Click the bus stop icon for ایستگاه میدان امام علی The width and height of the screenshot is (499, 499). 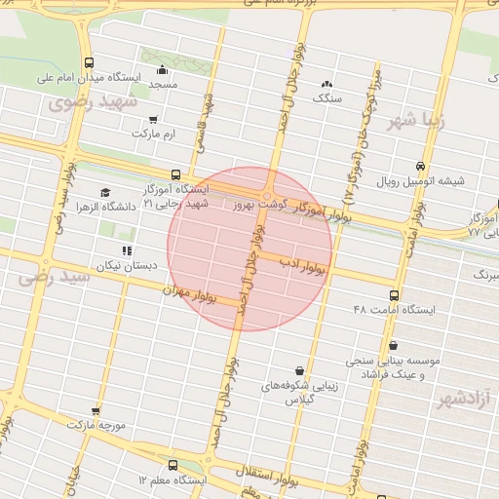(x=90, y=61)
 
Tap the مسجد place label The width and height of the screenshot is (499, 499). (x=163, y=86)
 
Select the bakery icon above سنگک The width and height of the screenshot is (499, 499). (x=326, y=85)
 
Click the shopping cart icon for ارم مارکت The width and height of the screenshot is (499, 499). (x=153, y=119)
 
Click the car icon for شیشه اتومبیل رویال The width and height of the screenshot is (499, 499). (x=420, y=166)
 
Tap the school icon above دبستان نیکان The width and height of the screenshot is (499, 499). (x=126, y=250)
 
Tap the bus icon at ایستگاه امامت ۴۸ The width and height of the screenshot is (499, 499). (x=394, y=294)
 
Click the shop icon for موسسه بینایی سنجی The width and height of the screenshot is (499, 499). (x=393, y=345)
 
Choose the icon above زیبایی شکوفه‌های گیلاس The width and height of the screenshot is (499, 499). (x=298, y=370)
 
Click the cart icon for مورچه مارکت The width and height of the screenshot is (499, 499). (x=95, y=411)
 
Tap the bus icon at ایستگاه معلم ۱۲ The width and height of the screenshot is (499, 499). (x=172, y=465)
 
